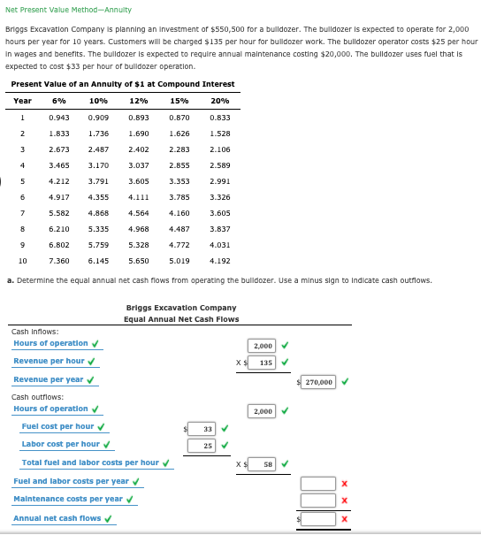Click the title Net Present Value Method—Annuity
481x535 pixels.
[68, 10]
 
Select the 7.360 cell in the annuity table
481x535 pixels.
[59, 261]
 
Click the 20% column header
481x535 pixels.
[220, 101]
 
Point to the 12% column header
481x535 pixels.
[138, 101]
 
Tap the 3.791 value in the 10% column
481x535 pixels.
[98, 180]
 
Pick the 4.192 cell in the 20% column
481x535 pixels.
[220, 261]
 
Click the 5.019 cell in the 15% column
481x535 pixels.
[179, 261]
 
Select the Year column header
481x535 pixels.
[22, 101]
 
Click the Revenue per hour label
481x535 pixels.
[49, 361]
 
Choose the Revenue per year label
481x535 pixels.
[48, 379]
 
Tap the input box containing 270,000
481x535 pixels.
[318, 382]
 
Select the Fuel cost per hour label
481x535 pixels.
[57, 426]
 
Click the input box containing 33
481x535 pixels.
[203, 428]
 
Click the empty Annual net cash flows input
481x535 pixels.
[318, 519]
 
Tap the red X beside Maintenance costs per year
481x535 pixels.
[344, 501]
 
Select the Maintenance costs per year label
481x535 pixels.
[67, 499]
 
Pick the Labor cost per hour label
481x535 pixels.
[60, 444]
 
